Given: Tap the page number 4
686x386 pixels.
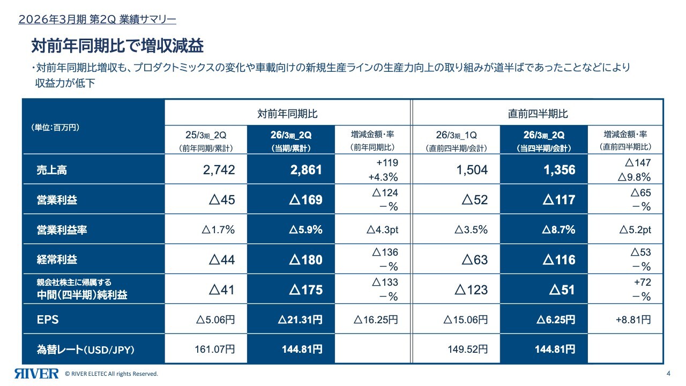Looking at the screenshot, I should [x=668, y=374].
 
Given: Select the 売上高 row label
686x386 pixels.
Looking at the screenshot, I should [x=48, y=170].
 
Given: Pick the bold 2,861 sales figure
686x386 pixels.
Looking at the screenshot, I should [x=306, y=170].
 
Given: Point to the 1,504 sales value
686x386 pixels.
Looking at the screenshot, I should [x=472, y=170].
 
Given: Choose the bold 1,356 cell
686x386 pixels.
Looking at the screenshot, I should [x=559, y=170].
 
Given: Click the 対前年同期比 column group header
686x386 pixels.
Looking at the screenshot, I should [x=287, y=114].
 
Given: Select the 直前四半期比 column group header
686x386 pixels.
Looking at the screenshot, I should [x=538, y=114].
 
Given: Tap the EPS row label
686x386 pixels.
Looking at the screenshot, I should [x=48, y=320].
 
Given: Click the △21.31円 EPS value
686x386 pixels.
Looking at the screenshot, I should [x=300, y=320].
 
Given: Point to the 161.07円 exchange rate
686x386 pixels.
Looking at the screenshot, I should [x=214, y=350].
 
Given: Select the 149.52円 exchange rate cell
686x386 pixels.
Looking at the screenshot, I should [x=467, y=350].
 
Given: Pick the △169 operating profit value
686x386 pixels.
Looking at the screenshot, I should [x=306, y=201].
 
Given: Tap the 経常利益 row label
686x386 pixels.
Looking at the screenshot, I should [x=56, y=260].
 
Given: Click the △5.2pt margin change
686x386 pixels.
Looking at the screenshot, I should [x=635, y=230].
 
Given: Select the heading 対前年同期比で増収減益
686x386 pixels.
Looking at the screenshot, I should [x=117, y=46].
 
